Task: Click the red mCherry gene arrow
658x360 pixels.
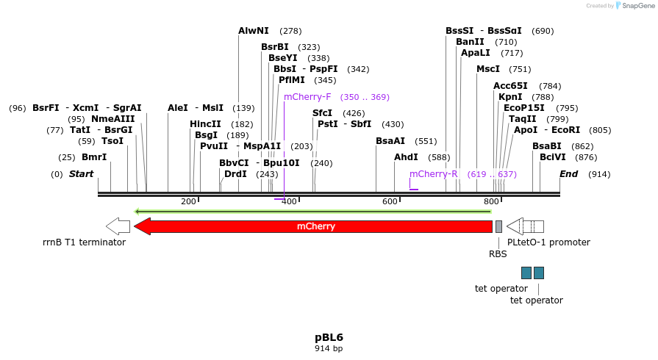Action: click(316, 226)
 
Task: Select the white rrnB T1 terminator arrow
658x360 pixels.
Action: click(118, 226)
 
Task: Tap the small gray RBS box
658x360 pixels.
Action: click(498, 226)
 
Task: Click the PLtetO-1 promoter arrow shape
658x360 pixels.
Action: click(525, 226)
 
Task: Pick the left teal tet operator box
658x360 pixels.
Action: click(526, 273)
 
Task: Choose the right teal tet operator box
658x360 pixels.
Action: click(539, 273)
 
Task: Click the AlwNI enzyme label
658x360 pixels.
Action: click(254, 31)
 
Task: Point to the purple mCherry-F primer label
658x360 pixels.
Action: click(307, 97)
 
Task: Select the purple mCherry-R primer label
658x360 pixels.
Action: click(434, 174)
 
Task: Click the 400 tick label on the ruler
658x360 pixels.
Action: click(289, 201)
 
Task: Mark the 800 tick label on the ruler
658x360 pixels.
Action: click(490, 201)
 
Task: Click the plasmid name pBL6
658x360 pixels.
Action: click(329, 337)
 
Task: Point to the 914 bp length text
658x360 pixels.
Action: click(329, 348)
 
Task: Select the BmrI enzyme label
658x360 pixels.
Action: click(94, 157)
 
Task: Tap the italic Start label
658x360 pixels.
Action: click(82, 174)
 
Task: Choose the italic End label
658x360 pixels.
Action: click(568, 174)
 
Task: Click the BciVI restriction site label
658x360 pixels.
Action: click(553, 157)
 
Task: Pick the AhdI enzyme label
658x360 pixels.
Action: click(406, 157)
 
